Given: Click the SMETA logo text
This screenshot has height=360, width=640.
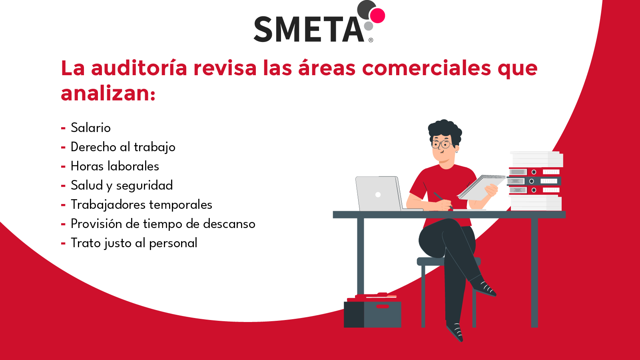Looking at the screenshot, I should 309,30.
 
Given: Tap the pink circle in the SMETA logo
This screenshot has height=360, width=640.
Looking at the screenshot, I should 377,16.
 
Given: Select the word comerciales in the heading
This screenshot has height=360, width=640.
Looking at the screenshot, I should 426,68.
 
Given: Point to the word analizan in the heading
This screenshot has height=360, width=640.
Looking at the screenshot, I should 106,94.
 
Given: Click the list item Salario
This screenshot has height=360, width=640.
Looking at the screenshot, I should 91,128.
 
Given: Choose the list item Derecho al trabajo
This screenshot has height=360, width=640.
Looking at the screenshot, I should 123,147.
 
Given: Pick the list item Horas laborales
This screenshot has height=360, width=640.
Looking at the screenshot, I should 115,166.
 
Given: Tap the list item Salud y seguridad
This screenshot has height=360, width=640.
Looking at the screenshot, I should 122,185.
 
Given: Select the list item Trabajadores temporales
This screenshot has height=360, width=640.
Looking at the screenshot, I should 141,204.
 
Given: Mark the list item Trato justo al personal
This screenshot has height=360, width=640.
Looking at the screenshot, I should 134,243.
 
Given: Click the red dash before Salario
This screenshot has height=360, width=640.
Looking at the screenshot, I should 63,128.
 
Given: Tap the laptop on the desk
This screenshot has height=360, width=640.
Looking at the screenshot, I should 378,194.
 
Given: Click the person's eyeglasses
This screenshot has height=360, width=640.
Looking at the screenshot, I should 441,144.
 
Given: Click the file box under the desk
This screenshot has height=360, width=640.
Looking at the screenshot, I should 373,314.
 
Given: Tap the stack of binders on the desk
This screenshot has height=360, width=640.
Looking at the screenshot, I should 535,181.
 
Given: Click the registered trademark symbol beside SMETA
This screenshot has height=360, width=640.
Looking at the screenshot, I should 371,40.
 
